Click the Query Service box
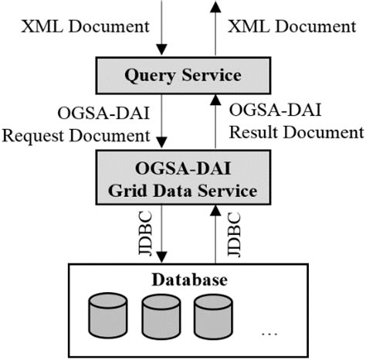[x=183, y=75]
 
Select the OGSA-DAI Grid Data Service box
[x=183, y=176]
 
